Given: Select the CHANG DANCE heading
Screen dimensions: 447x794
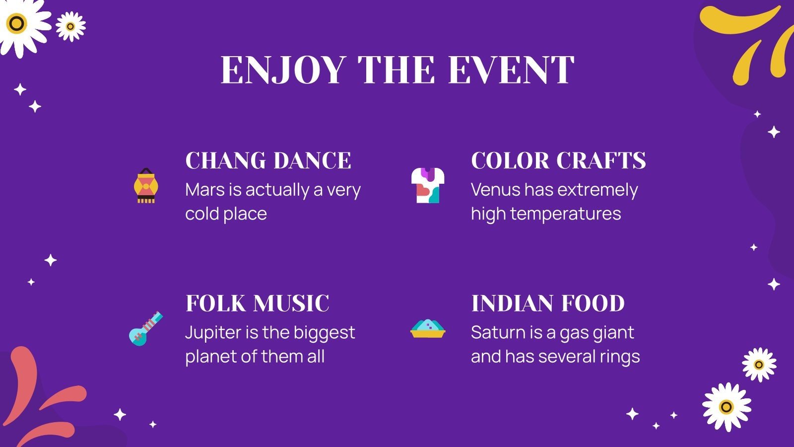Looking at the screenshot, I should click(x=268, y=161).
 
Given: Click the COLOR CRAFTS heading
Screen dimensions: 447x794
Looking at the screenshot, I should click(x=558, y=161).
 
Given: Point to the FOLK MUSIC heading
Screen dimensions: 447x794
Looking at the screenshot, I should click(x=257, y=303).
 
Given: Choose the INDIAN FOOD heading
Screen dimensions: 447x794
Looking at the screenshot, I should click(x=547, y=303).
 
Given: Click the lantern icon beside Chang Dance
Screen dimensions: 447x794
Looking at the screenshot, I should click(x=146, y=186).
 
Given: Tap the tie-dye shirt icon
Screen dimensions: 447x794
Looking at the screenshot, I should click(x=428, y=185).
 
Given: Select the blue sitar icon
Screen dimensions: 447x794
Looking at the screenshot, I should click(x=145, y=328).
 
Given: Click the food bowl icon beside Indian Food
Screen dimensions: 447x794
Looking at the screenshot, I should click(x=428, y=328).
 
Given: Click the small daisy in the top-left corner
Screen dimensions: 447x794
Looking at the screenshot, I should click(x=70, y=26).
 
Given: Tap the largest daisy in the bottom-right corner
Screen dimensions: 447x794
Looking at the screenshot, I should click(x=727, y=407).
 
